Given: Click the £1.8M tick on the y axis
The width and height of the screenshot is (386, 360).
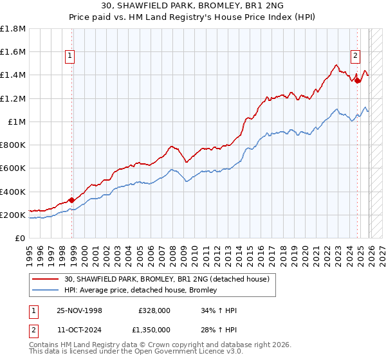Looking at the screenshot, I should pyautogui.click(x=13, y=29).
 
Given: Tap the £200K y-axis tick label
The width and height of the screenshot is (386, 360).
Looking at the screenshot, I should pyautogui.click(x=13, y=215).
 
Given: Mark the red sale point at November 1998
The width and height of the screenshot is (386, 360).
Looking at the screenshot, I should pyautogui.click(x=71, y=200).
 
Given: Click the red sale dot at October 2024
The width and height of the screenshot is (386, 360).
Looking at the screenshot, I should pyautogui.click(x=358, y=80).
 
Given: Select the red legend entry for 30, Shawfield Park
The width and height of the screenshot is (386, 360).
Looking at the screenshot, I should pyautogui.click(x=170, y=279).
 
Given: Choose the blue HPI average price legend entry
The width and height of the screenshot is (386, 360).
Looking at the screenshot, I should pyautogui.click(x=140, y=290).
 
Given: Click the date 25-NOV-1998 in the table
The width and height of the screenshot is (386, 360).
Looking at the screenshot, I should pyautogui.click(x=80, y=311).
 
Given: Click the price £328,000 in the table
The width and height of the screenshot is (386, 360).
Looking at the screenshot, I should pyautogui.click(x=154, y=311).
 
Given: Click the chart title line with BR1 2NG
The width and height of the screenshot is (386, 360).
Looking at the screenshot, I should pyautogui.click(x=192, y=5).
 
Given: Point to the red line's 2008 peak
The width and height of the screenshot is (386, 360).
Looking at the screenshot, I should pyautogui.click(x=170, y=146).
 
